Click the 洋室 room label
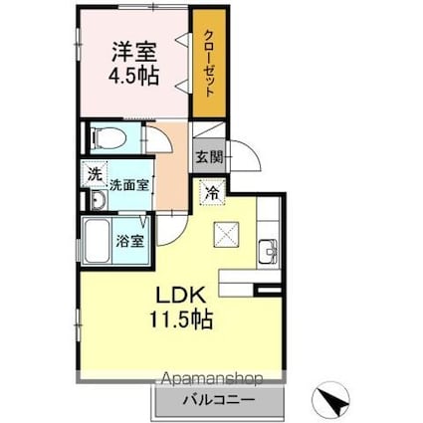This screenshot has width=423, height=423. [131, 51]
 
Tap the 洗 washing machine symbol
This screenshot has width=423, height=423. [94, 172]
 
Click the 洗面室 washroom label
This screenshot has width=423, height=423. [129, 184]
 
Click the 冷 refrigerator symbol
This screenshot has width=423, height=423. [211, 193]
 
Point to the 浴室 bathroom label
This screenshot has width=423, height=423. [130, 241]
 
